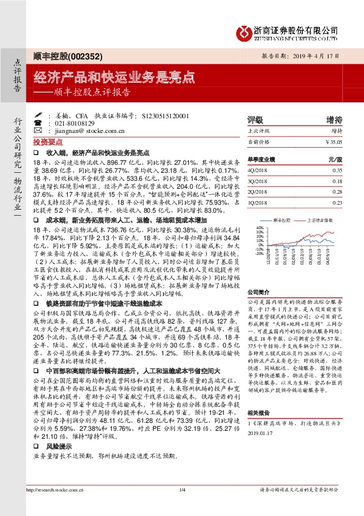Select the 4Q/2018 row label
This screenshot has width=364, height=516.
point(256,170)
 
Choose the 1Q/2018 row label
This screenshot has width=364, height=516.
point(256,202)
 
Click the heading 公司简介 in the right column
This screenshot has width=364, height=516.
point(258,294)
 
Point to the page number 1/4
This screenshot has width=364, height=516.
point(182,490)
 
